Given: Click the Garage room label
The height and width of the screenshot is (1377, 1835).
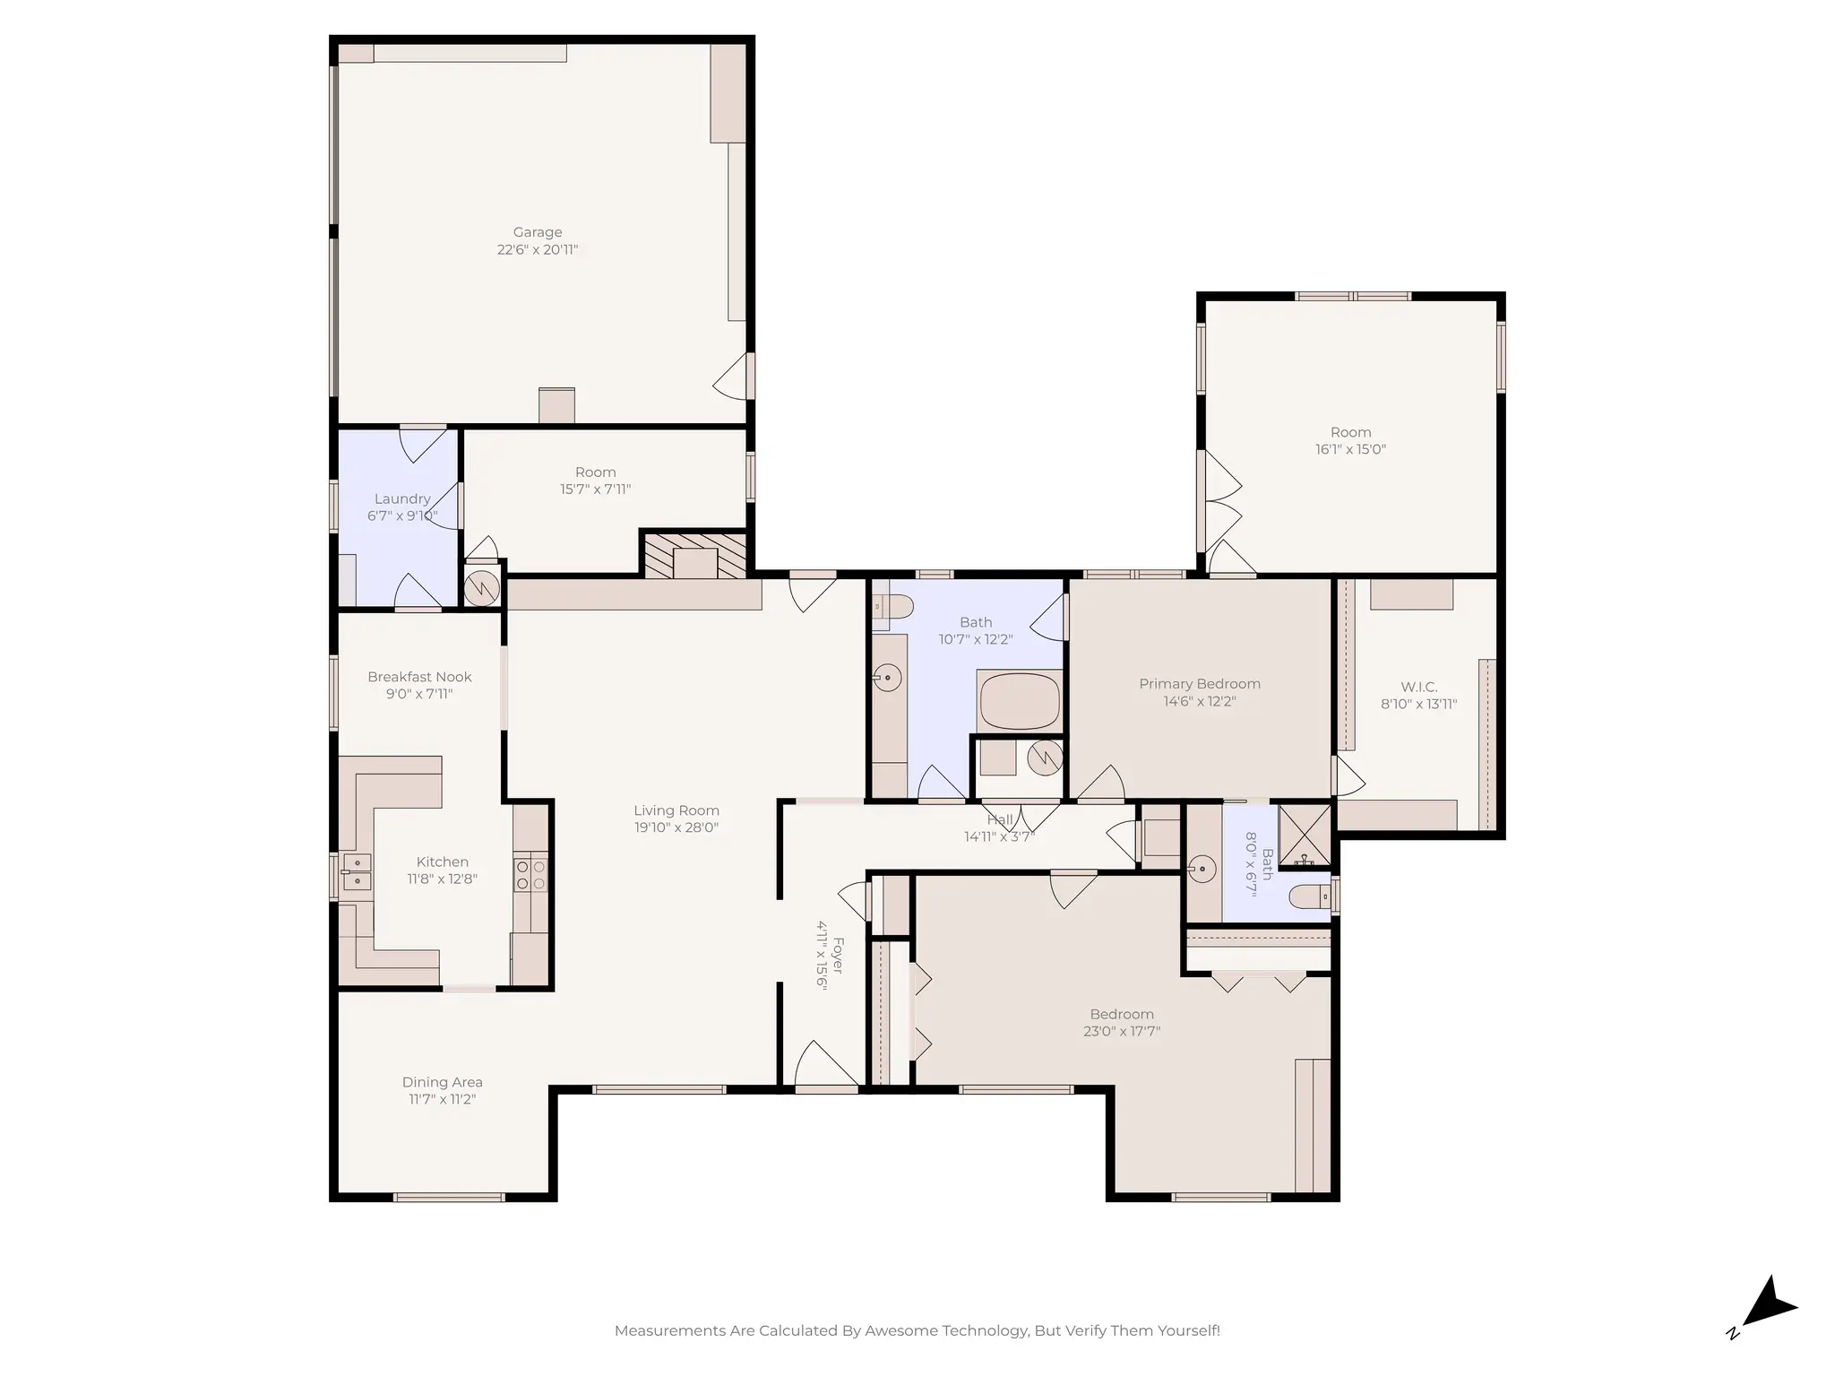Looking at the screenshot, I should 538,232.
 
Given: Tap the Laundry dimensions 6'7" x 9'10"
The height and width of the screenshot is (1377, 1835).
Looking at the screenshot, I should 402,515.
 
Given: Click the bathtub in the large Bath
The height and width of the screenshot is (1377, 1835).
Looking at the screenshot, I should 1020,702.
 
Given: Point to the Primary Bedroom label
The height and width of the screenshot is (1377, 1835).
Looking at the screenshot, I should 1199,684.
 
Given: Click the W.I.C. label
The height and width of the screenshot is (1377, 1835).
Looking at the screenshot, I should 1418,687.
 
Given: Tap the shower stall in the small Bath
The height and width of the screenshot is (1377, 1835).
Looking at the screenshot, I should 1305,836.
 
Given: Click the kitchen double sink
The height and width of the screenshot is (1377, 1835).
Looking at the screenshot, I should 356,871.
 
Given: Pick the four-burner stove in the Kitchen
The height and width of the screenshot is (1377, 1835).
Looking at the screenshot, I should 530,874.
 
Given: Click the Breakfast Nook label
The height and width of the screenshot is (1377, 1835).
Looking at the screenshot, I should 419,677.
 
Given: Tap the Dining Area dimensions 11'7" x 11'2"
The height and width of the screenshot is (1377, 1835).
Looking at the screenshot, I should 442,1099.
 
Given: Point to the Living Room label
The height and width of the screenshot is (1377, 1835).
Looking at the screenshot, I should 676,810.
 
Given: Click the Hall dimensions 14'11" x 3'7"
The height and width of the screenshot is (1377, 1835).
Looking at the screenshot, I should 999,836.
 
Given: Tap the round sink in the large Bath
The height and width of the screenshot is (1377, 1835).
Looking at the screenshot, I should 887,677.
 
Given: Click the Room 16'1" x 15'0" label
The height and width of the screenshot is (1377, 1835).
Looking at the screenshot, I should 1350,432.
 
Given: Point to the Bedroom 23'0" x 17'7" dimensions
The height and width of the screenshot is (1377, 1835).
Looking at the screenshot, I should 1121,1031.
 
